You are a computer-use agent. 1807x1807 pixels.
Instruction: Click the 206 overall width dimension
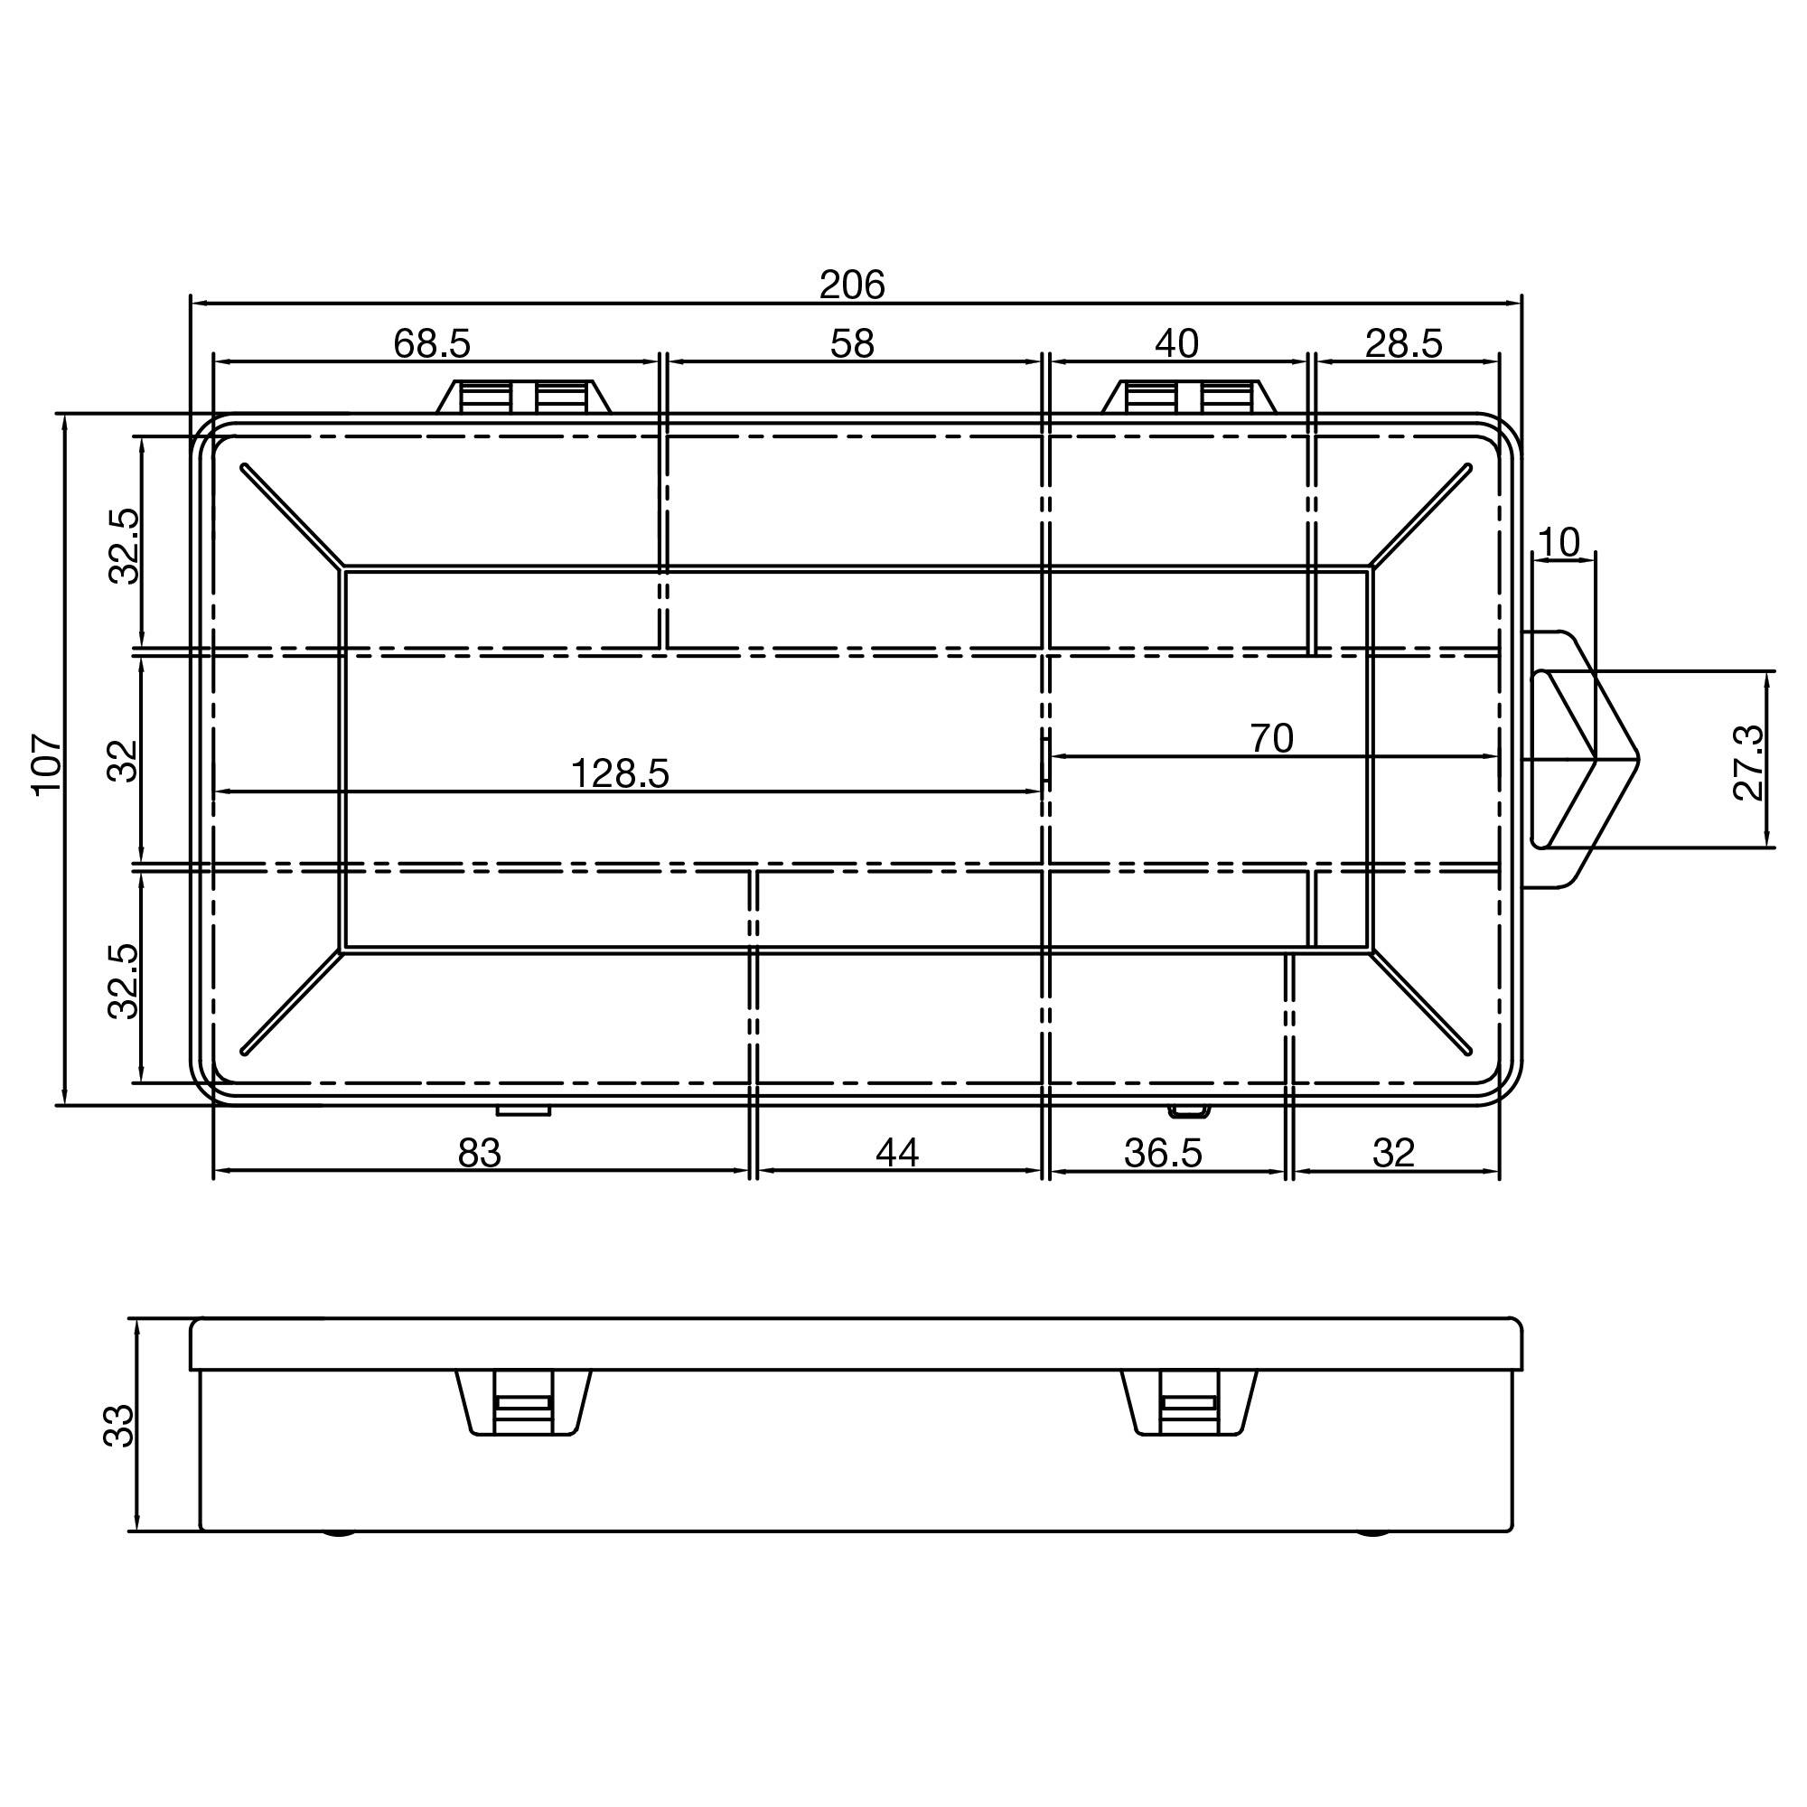[851, 285]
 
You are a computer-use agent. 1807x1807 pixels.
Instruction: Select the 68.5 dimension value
[431, 343]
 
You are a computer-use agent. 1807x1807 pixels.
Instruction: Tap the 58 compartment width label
[852, 343]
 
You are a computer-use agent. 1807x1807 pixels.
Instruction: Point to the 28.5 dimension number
[1403, 343]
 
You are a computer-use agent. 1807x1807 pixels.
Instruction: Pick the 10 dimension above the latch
[1559, 541]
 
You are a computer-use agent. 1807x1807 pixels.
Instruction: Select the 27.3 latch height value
[1747, 763]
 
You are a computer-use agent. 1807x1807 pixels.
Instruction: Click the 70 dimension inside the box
[1271, 738]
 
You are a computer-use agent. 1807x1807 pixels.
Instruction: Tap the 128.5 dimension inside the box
[619, 773]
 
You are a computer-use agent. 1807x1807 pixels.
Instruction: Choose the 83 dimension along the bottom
[479, 1153]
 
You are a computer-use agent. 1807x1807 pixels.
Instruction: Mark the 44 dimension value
[897, 1153]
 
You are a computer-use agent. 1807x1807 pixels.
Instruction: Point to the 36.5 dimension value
[1163, 1153]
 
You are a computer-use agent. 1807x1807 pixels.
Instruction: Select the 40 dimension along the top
[1175, 343]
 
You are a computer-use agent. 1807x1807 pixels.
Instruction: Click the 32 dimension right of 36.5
[1392, 1153]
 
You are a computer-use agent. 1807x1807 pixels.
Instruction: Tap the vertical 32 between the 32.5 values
[124, 761]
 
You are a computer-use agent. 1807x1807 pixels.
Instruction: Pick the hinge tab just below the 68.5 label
[523, 397]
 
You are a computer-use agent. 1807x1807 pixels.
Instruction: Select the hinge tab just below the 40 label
[1189, 397]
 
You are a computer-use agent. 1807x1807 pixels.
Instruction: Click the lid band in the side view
[856, 1344]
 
